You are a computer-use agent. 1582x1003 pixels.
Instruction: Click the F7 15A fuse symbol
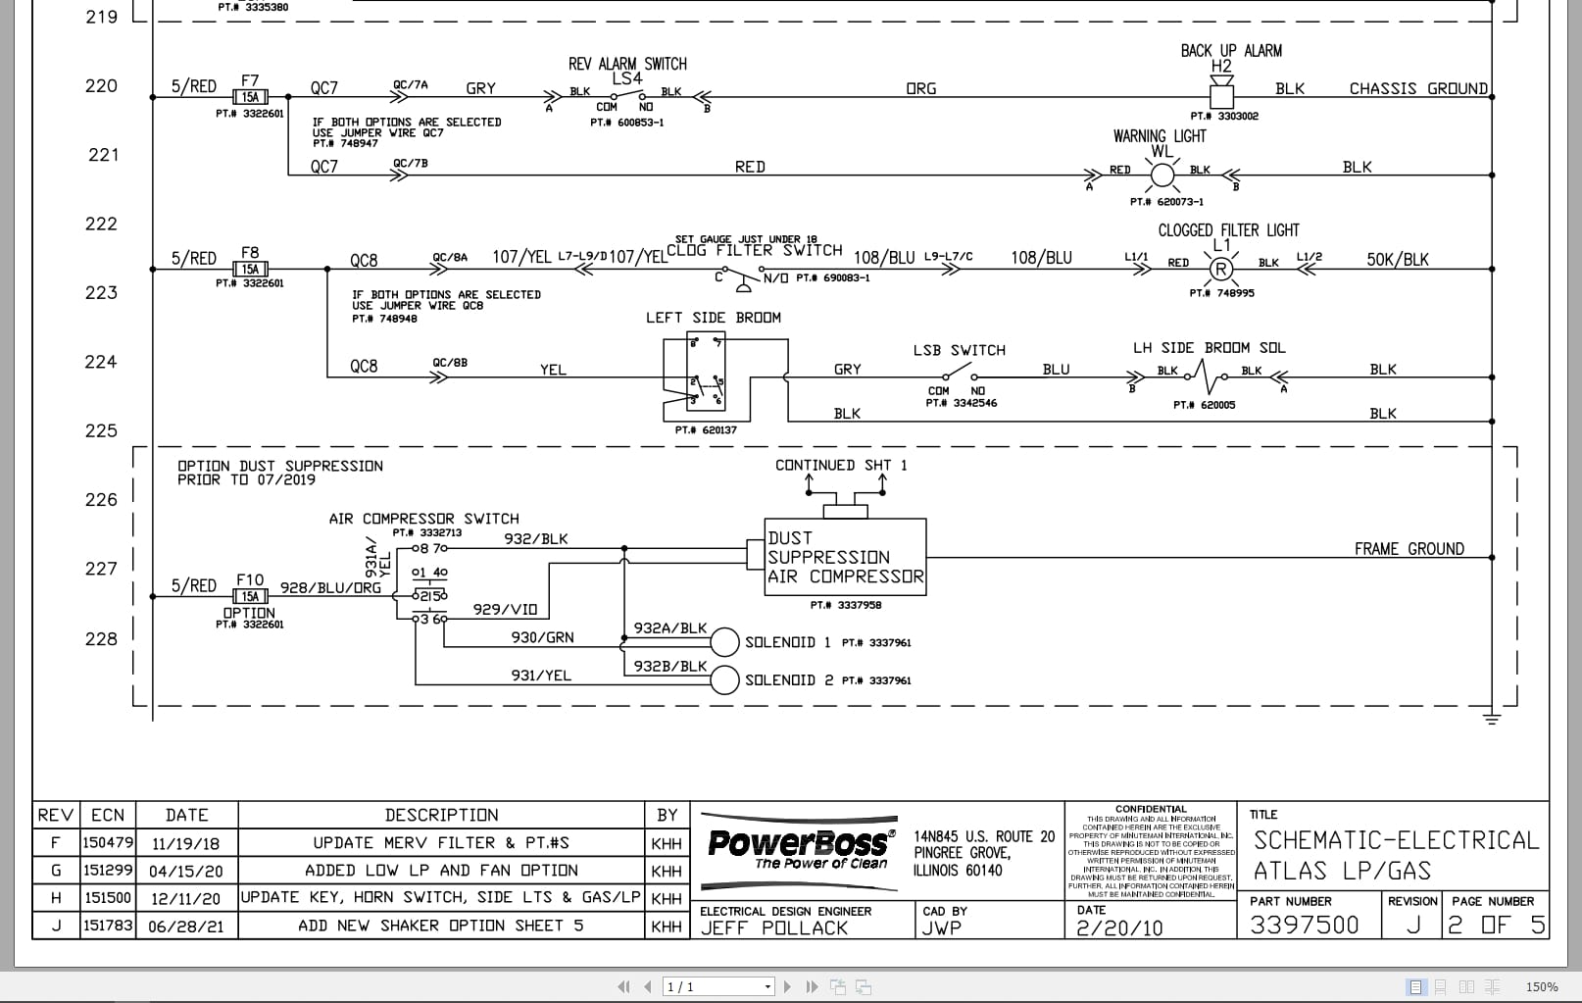(250, 97)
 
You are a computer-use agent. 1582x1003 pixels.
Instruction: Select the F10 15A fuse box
(250, 596)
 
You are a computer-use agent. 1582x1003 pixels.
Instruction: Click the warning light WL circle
(1162, 176)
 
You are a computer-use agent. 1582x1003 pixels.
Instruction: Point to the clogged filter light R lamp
(1220, 269)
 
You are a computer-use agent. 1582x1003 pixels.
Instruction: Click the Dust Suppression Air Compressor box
(845, 557)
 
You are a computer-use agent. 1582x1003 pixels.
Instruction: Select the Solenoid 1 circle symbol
(724, 642)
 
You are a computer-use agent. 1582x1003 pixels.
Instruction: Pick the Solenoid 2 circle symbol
(724, 679)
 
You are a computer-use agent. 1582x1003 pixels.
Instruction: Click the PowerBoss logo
(799, 846)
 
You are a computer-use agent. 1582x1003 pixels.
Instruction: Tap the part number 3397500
(1305, 925)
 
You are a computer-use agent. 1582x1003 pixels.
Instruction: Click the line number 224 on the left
(101, 362)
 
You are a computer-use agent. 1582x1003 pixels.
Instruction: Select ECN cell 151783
(107, 925)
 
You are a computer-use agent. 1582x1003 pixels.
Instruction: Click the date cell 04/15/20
(186, 871)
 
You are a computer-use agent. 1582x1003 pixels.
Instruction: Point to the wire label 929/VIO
(505, 609)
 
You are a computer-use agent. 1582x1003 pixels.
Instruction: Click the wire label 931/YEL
(540, 676)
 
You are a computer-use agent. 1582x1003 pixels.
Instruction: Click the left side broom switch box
(706, 377)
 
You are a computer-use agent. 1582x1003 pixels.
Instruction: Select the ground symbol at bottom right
(1492, 720)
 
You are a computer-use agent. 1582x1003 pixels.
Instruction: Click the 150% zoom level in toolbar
(1541, 986)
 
